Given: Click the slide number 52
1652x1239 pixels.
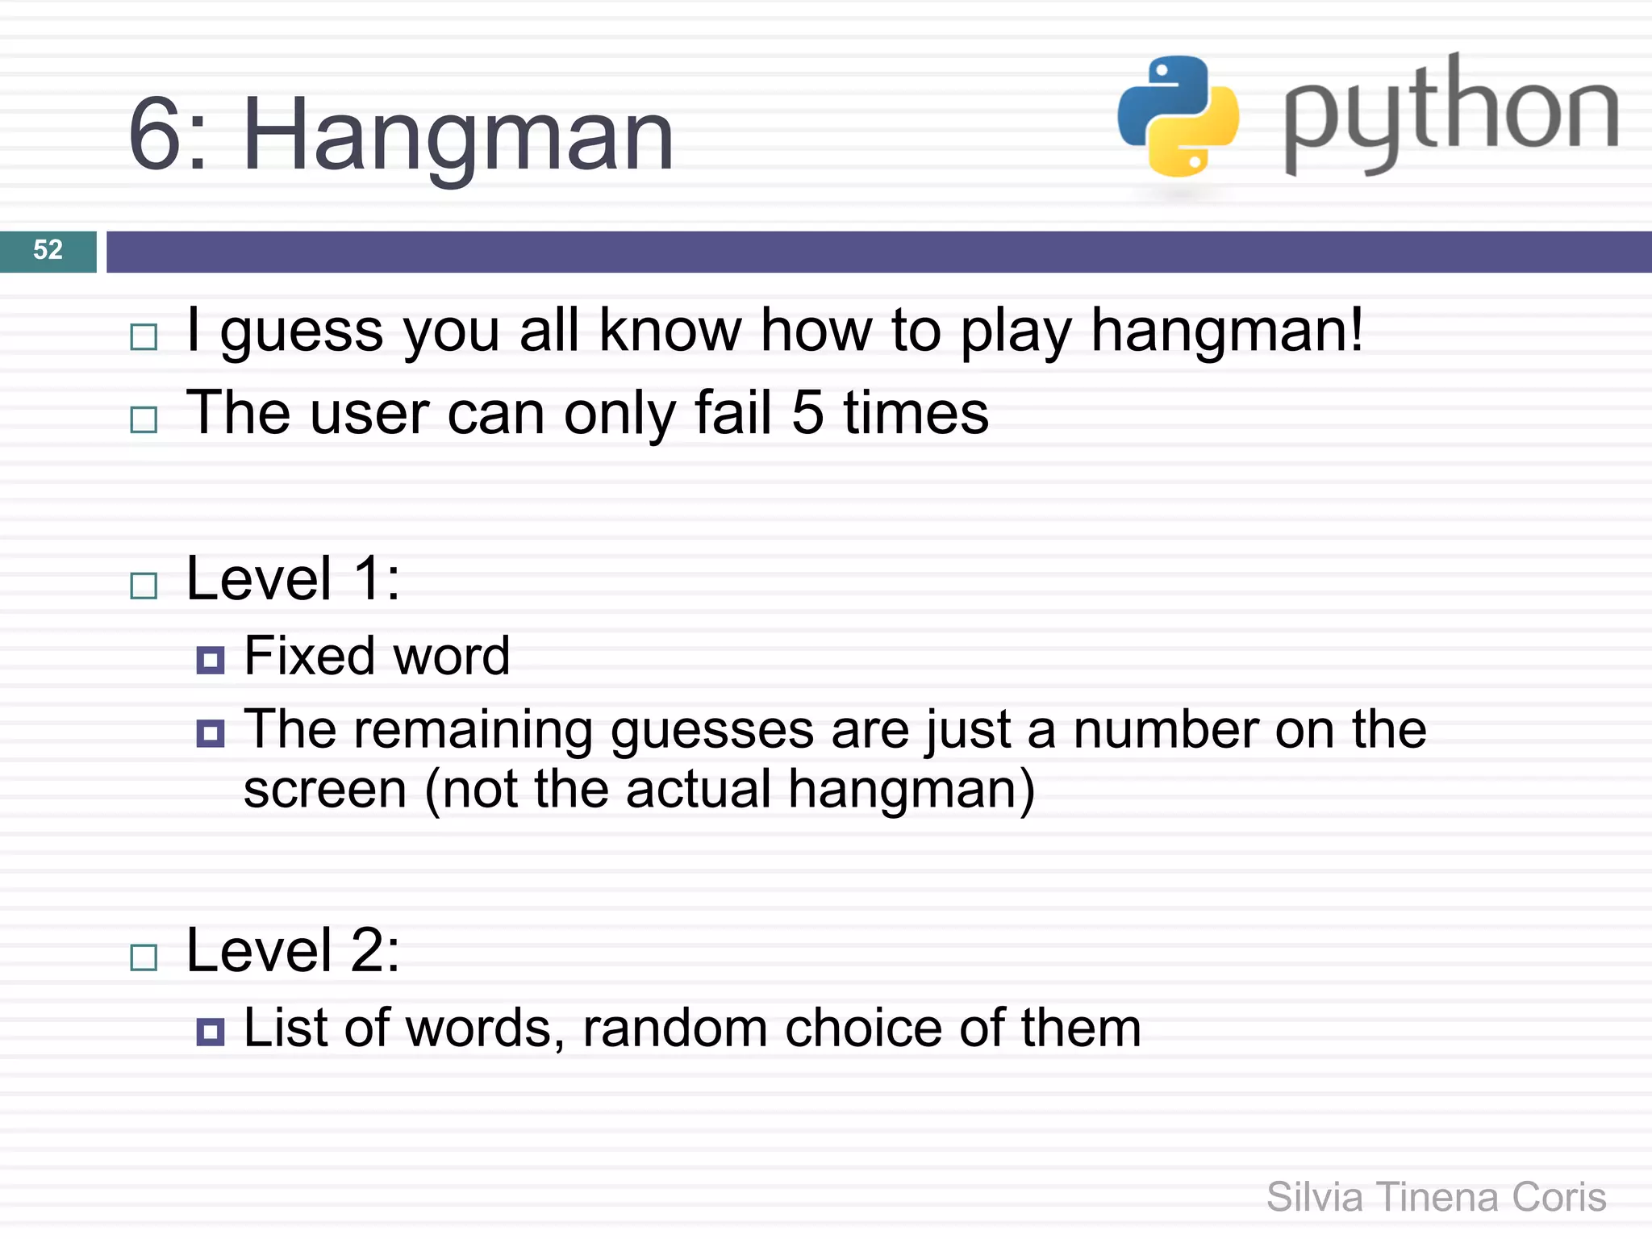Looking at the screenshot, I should click(x=48, y=250).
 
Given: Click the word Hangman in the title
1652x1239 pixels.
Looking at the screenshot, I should click(x=457, y=135).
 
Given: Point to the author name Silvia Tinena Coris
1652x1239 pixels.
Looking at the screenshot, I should click(x=1436, y=1196).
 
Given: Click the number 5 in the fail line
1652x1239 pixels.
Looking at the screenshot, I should click(x=807, y=413).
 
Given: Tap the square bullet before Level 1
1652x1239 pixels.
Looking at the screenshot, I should click(x=144, y=585).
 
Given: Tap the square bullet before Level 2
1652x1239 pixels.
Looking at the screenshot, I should click(x=144, y=957).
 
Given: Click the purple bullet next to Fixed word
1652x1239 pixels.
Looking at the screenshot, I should click(x=210, y=660).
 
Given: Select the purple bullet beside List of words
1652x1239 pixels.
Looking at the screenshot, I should click(x=210, y=1032).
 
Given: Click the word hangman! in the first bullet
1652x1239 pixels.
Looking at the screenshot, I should click(x=1227, y=331).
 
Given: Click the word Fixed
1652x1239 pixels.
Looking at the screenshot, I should click(x=307, y=656).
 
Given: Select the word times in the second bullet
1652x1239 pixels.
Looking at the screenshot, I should click(x=916, y=413).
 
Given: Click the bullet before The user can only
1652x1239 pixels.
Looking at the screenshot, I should click(x=144, y=419).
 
